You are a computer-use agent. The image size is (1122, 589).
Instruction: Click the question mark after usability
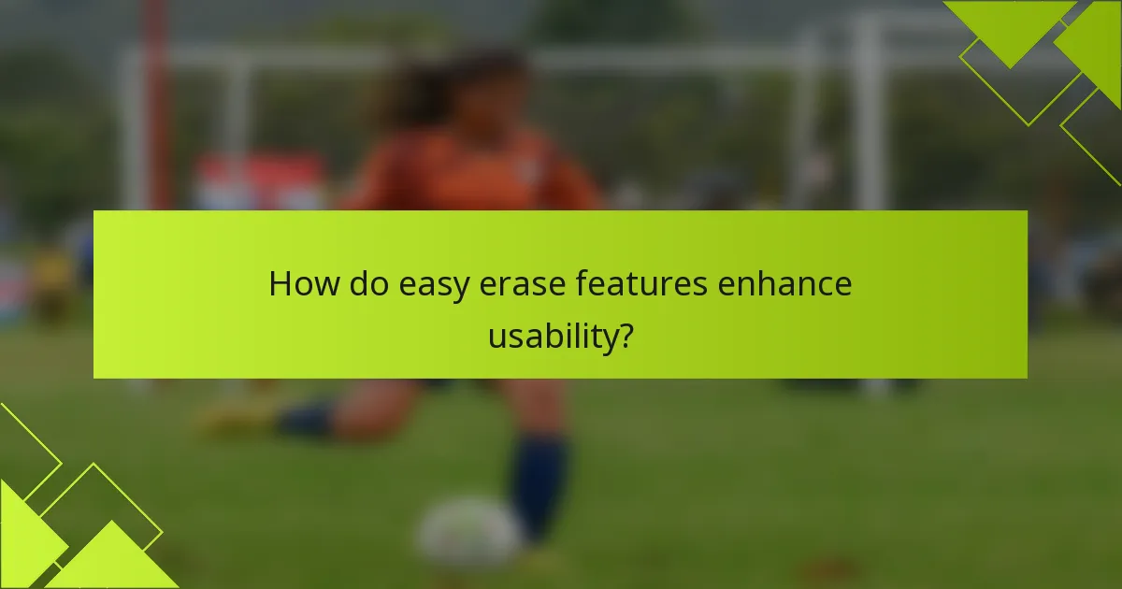click(x=623, y=335)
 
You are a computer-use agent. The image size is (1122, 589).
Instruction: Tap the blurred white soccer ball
click(x=467, y=534)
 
